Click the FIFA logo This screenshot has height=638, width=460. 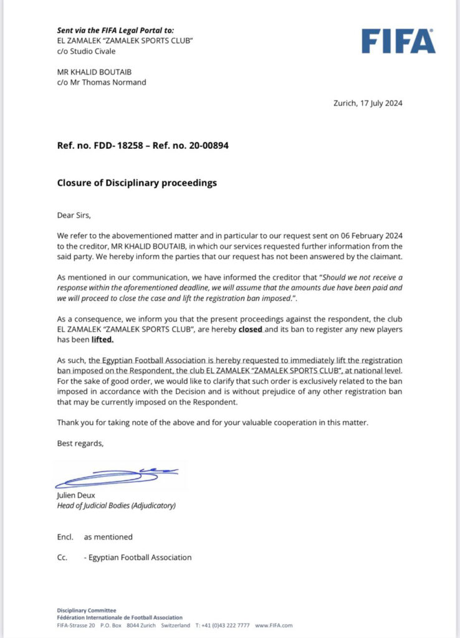pos(398,42)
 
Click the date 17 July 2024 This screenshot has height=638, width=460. pos(379,103)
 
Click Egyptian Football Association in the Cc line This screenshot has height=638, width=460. pos(140,557)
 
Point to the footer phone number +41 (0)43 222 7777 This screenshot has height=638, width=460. pos(224,625)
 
